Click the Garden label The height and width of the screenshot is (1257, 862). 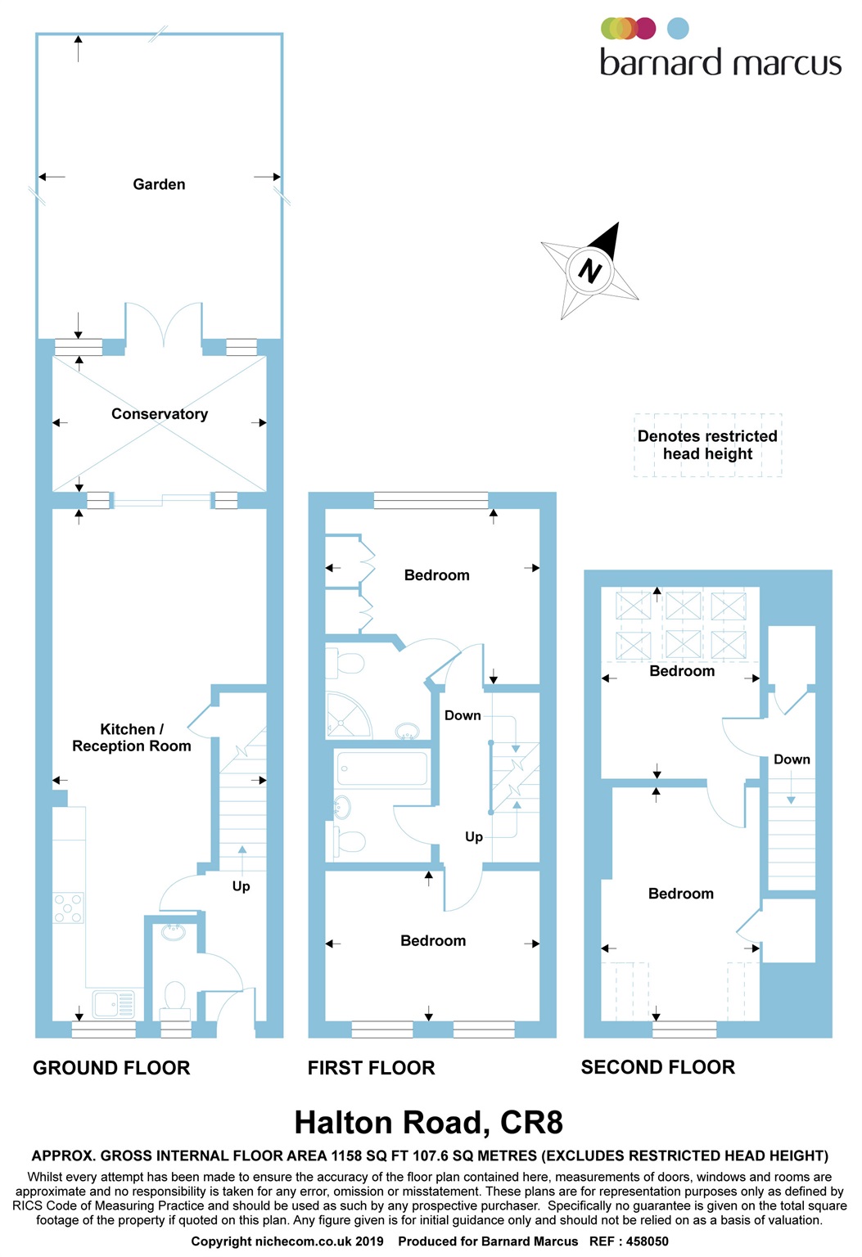[159, 184]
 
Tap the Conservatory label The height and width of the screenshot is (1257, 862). [160, 414]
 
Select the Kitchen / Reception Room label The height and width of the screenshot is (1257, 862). [132, 737]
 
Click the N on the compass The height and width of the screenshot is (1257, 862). [589, 269]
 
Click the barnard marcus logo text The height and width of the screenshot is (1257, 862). [720, 62]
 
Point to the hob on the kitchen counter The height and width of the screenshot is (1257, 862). [69, 908]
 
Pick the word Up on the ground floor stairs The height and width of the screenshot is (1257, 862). [241, 886]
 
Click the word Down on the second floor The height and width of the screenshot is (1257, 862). [792, 759]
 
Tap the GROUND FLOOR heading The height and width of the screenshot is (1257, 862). [111, 1068]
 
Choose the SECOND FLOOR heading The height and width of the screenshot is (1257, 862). [658, 1067]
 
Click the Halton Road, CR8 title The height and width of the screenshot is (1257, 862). [429, 1123]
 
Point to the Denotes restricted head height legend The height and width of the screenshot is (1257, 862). [707, 445]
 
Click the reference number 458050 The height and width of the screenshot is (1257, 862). [647, 1241]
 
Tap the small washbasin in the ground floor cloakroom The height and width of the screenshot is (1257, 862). [174, 932]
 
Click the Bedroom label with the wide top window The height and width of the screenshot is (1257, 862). [437, 575]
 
